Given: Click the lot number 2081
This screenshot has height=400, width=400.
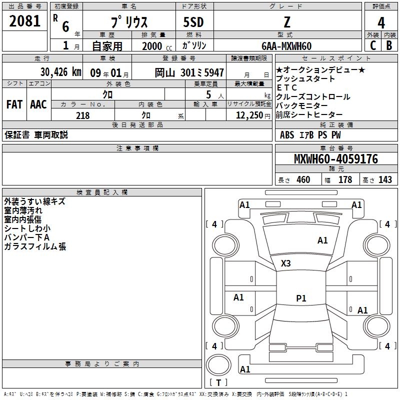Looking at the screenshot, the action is coord(25,21).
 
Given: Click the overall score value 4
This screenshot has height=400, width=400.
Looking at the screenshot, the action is coord(381,23).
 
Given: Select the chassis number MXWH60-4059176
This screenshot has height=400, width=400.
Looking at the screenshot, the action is coord(335,159).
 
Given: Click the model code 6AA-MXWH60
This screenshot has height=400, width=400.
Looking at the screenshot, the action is coord(286,46).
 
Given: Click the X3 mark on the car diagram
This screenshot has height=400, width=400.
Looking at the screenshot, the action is coord(286,263).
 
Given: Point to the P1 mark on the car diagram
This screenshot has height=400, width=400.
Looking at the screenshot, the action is coord(301,298).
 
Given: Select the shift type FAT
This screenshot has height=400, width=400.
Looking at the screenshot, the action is coord(14,104).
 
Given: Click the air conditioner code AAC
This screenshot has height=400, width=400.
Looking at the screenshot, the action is coord(38,104).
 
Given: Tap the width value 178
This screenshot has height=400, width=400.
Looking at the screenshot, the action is coord(345,180).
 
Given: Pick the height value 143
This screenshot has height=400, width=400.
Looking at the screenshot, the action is coord(385,180).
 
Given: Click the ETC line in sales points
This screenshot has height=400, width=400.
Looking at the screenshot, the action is coord(287,88).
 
